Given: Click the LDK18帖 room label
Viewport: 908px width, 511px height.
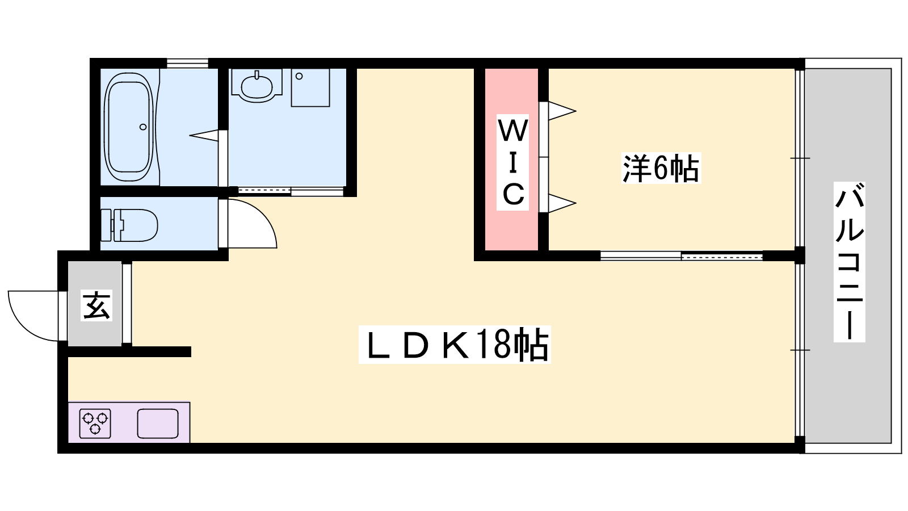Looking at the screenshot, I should [x=455, y=345].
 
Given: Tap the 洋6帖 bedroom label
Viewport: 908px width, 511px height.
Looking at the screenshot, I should [x=661, y=168].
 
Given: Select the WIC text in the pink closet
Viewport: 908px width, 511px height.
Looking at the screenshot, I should [x=513, y=162].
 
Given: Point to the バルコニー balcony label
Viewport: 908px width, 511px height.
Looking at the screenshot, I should [x=849, y=262].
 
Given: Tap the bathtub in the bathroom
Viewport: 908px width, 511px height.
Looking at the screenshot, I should [x=129, y=127].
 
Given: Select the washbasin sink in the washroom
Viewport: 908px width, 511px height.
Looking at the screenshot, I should [x=257, y=86].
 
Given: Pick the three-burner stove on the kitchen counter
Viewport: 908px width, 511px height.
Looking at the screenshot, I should [x=95, y=424].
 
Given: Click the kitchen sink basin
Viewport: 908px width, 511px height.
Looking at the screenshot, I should [x=158, y=424].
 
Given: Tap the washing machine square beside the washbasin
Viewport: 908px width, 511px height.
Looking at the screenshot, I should [x=310, y=88].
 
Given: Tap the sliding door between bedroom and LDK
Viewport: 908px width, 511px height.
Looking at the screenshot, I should [x=681, y=256].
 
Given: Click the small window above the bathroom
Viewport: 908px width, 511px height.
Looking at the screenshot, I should [x=187, y=63].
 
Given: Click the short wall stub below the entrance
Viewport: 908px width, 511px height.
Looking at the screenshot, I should [x=129, y=352].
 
